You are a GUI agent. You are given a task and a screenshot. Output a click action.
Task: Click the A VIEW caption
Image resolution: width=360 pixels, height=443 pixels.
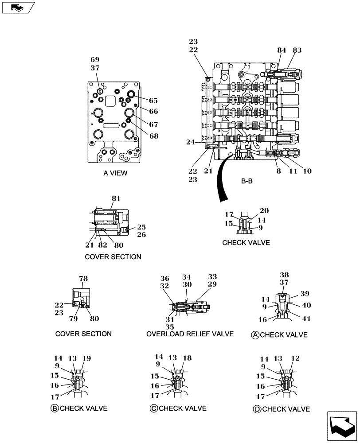(115, 173)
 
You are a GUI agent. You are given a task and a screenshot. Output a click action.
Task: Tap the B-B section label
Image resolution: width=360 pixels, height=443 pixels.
(247, 181)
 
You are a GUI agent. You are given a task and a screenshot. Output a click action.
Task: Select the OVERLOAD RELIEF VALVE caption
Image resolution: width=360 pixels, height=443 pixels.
(190, 334)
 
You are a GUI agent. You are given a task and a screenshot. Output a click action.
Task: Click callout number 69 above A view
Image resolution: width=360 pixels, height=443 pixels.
(95, 60)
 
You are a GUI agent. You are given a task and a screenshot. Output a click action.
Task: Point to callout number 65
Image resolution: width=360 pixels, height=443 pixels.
(153, 101)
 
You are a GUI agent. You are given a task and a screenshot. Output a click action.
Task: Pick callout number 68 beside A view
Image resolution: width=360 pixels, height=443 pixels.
(153, 136)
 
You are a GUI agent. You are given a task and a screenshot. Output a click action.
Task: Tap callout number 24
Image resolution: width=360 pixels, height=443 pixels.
(190, 142)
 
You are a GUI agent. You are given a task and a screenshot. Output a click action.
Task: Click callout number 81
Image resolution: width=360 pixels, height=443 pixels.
(116, 198)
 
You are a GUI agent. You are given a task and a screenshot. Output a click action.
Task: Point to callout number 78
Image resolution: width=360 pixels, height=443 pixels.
(83, 279)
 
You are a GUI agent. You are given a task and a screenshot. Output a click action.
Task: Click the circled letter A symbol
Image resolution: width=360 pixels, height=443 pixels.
(255, 335)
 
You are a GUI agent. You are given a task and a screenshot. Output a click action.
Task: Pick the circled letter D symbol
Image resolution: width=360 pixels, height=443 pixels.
(257, 409)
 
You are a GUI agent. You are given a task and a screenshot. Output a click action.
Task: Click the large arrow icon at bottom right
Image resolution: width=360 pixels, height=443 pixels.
(342, 426)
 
